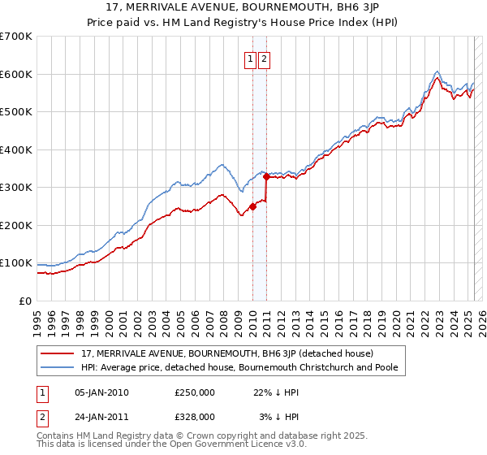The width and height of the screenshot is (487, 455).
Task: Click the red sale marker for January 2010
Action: (x=252, y=206)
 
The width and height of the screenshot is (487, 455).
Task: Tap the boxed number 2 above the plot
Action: (x=265, y=58)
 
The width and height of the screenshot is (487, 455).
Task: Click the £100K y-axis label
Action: (x=16, y=263)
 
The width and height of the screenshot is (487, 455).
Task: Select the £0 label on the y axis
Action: (x=25, y=301)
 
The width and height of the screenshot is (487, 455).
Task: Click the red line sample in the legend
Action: (x=58, y=354)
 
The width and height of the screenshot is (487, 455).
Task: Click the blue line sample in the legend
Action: (x=58, y=367)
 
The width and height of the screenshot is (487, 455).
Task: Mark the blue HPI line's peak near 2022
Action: (x=437, y=71)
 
